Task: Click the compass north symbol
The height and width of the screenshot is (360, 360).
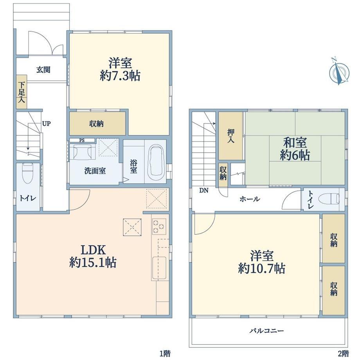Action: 339,72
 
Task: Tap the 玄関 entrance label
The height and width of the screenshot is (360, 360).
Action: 43,70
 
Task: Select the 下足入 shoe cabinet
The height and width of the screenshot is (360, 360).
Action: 22,92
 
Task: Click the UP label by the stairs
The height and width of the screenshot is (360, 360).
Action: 46,124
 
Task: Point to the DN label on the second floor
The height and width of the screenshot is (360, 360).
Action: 203,190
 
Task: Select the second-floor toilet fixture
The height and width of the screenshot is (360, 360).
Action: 330,199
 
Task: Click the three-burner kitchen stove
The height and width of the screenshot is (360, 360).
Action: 159,227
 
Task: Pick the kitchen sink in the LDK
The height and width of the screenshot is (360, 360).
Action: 159,268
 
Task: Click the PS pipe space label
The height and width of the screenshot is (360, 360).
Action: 82,140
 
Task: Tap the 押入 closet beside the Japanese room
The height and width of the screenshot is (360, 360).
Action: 231,136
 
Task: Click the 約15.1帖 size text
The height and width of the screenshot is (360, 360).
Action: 93,263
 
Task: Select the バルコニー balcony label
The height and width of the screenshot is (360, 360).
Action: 267,331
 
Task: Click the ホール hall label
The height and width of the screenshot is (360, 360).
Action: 250,199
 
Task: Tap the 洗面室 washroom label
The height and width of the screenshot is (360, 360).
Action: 95,171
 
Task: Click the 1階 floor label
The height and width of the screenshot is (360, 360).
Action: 165,353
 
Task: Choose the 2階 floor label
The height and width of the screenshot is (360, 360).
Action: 344,353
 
